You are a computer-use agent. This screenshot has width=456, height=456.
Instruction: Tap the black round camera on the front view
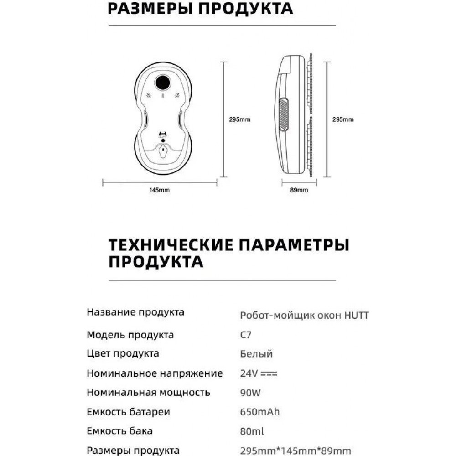pyautogui.click(x=163, y=82)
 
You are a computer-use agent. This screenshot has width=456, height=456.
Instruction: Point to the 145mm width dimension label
pyautogui.click(x=159, y=190)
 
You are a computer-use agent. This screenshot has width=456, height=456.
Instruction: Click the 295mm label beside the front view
pyautogui.click(x=239, y=119)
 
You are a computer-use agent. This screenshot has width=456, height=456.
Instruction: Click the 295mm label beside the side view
pyautogui.click(x=342, y=119)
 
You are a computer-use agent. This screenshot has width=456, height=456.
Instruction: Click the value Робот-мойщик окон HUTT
pyautogui.click(x=304, y=315)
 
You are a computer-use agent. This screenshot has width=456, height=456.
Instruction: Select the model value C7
pyautogui.click(x=246, y=335)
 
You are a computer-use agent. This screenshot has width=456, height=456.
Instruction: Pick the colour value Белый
pyautogui.click(x=256, y=354)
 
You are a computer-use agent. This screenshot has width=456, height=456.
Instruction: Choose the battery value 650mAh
pyautogui.click(x=259, y=412)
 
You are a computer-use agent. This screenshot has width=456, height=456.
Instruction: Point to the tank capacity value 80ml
pyautogui.click(x=252, y=431)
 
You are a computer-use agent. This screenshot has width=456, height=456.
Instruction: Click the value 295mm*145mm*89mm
pyautogui.click(x=295, y=450)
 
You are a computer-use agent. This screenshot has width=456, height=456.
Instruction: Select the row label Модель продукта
pyautogui.click(x=130, y=335)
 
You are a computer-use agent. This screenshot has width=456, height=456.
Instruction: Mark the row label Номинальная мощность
pyautogui.click(x=148, y=393)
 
